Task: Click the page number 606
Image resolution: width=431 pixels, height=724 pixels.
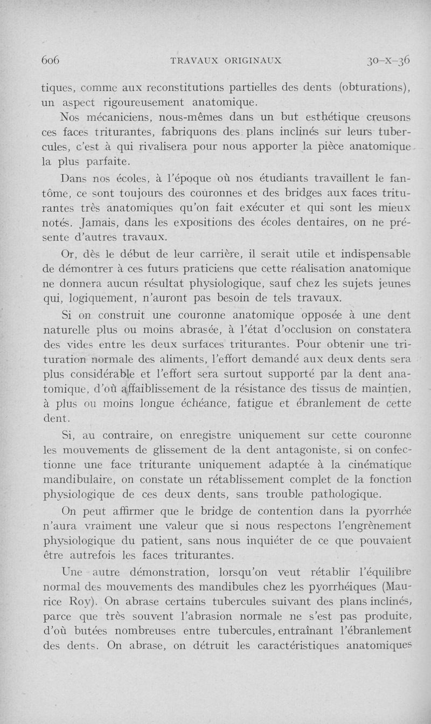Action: [50, 60]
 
